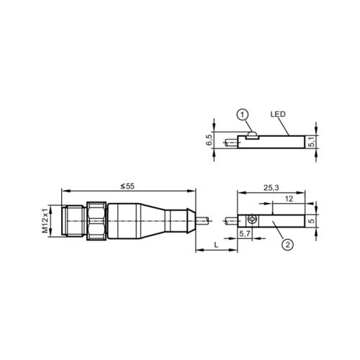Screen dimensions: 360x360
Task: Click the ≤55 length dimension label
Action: point(128,186)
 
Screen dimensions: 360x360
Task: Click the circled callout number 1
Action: point(243,114)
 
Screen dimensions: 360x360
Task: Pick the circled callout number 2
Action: point(287,246)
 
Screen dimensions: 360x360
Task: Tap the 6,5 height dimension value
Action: point(209,139)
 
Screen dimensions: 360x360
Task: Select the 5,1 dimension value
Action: point(312,142)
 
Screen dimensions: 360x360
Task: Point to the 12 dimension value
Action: point(288,199)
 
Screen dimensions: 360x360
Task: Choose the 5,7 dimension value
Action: point(243,234)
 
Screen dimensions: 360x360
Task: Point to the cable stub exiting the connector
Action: point(206,219)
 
